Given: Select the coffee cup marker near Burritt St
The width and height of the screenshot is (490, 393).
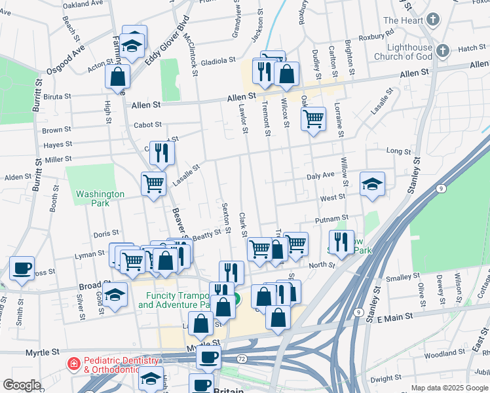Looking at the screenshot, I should point(22,268).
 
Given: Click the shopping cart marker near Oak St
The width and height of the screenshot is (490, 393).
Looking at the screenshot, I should point(314,119).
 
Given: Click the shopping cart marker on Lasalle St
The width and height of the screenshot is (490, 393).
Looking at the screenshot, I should point(154,183).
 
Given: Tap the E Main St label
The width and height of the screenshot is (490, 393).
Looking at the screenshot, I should point(396,316).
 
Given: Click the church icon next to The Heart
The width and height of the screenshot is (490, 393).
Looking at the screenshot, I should point(432,20).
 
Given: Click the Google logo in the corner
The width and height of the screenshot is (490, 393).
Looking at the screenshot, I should point(22,384).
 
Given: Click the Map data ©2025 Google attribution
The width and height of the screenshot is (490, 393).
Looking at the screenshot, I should point(449,388).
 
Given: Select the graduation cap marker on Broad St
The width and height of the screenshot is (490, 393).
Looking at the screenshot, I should point(115,294).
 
